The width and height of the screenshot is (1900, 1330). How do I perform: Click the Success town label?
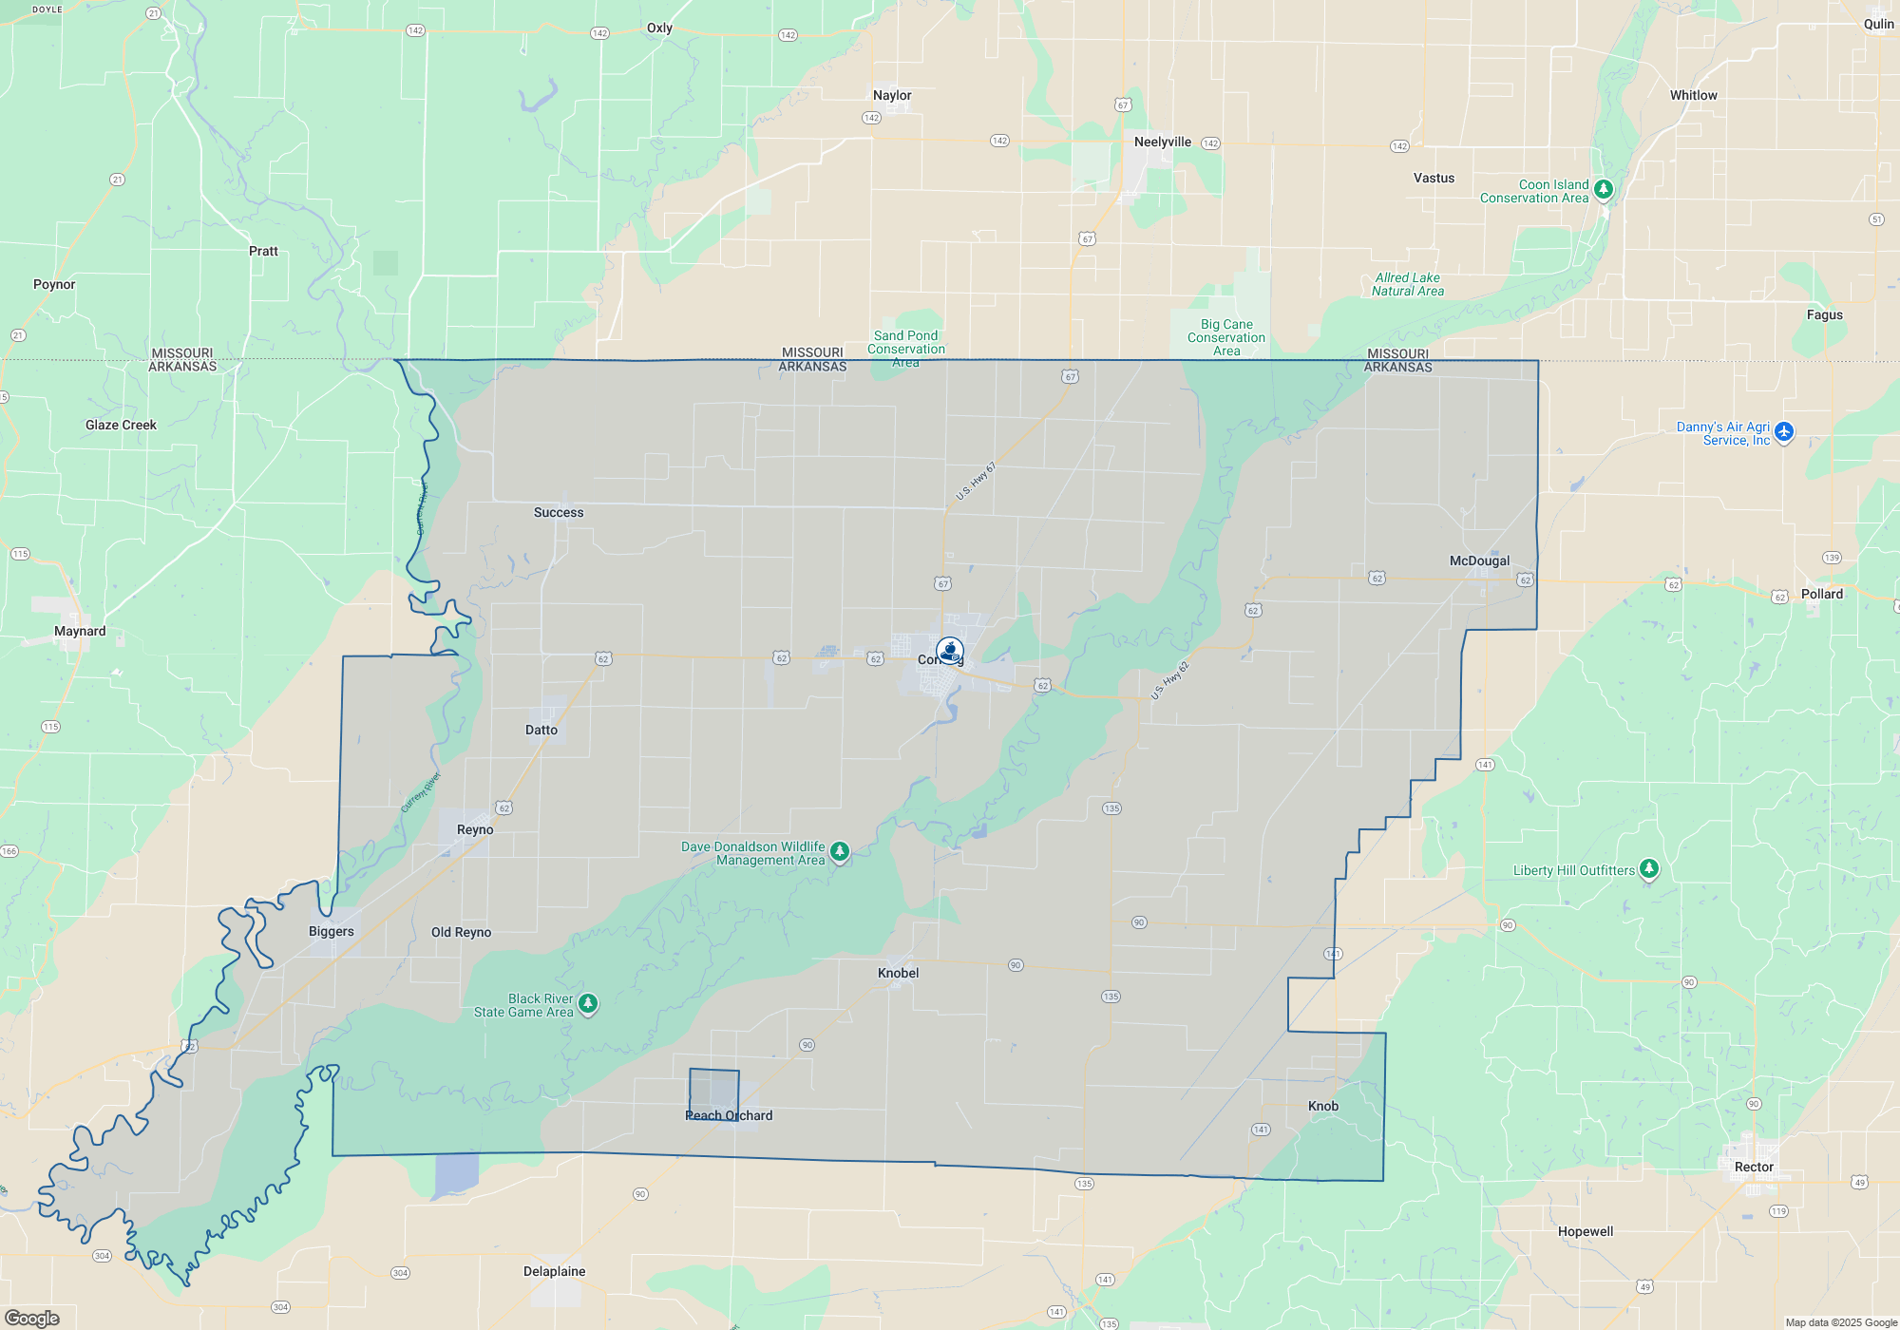[559, 513]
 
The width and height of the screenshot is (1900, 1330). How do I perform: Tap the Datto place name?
[541, 731]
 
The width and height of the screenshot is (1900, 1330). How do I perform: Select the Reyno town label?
[475, 830]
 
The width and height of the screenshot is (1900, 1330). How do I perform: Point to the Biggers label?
[332, 932]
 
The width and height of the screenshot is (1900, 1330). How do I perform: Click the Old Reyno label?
[462, 933]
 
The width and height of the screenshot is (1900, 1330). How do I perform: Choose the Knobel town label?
[899, 974]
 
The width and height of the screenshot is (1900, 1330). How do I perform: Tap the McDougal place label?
[1479, 561]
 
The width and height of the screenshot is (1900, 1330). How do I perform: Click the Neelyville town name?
[1163, 142]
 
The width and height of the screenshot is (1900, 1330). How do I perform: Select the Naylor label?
[892, 96]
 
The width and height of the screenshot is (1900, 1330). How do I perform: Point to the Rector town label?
[1754, 1168]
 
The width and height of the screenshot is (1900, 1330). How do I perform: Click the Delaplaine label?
[555, 1272]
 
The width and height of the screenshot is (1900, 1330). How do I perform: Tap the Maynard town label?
[80, 632]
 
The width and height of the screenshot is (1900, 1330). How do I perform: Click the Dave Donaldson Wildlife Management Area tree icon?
[840, 851]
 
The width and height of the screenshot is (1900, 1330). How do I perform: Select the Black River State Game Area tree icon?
[588, 1003]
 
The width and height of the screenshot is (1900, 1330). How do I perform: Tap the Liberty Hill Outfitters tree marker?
[1649, 868]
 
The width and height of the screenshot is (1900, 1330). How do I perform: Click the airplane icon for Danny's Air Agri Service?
[1784, 431]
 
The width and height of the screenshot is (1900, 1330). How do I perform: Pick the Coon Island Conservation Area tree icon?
[1604, 189]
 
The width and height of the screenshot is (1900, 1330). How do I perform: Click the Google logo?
[32, 1319]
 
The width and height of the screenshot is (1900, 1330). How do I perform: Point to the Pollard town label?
[1822, 595]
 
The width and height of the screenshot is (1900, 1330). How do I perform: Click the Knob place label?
[1323, 1107]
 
